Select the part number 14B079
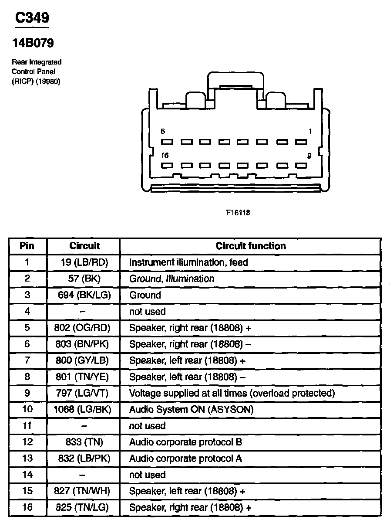(33, 44)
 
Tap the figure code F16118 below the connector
(238, 213)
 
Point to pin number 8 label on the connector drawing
(163, 131)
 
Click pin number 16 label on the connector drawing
(165, 156)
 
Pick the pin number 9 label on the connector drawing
(309, 156)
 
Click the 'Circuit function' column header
(251, 246)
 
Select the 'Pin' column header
(27, 246)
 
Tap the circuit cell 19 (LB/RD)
(84, 262)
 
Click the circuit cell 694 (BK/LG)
(84, 295)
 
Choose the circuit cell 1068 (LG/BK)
(84, 410)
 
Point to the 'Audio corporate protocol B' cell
(185, 442)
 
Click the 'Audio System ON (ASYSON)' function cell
(191, 410)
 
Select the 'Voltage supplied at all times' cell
(232, 393)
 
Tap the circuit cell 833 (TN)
(84, 442)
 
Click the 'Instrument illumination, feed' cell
(188, 262)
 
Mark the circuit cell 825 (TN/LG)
(84, 508)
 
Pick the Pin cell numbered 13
(27, 459)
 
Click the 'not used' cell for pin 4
(148, 312)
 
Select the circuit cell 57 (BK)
(84, 279)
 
